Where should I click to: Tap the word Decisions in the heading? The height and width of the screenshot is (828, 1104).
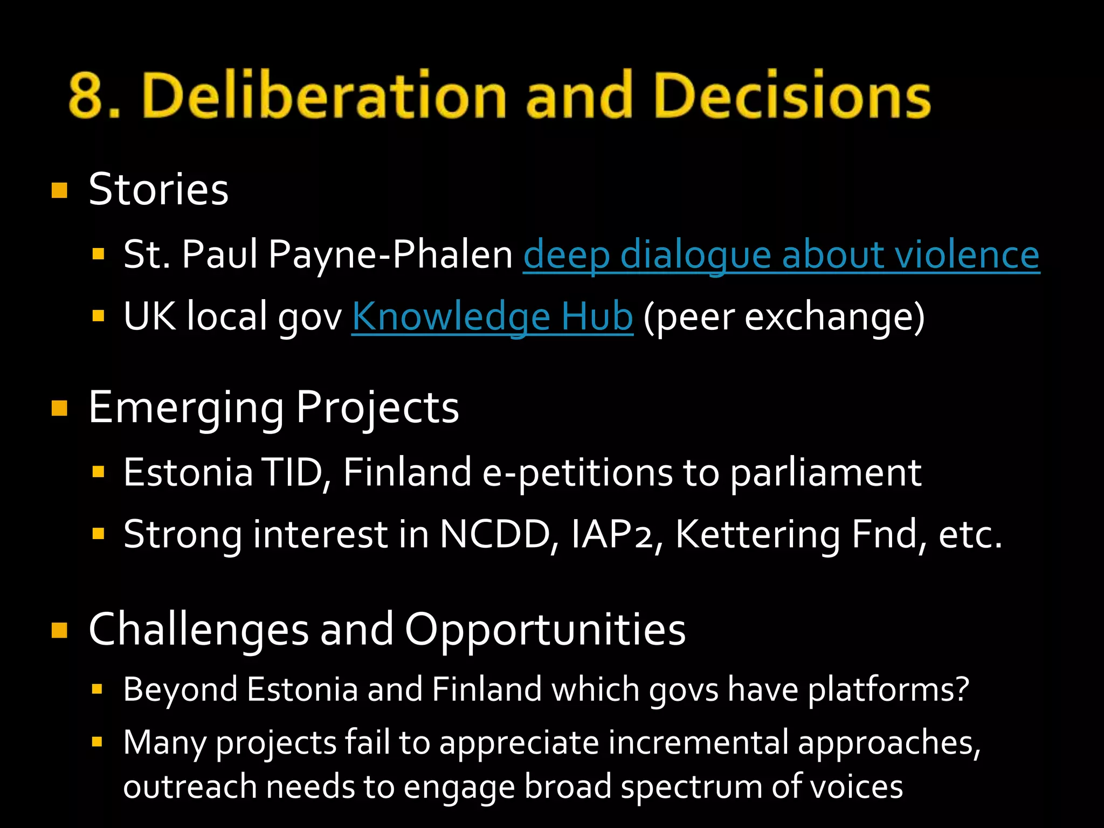pos(792,96)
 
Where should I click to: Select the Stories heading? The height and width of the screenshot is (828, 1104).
pos(158,190)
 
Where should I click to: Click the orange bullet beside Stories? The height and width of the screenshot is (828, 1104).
pos(59,190)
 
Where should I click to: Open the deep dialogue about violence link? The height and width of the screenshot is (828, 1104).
pos(781,254)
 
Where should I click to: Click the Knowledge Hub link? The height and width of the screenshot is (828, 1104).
pos(492,316)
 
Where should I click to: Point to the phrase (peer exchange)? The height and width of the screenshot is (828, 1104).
pos(784,317)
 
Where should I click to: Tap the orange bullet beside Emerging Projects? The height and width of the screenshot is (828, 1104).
pos(59,408)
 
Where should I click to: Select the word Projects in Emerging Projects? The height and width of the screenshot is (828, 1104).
pos(377,408)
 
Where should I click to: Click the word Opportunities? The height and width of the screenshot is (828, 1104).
pos(544,629)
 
